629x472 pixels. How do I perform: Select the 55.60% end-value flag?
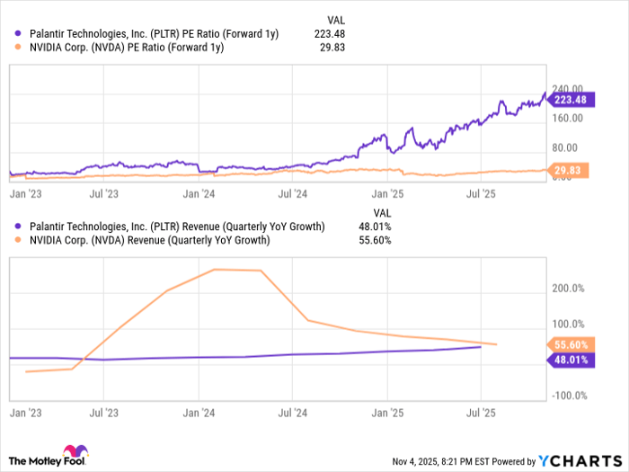568,344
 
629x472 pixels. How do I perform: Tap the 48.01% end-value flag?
568,360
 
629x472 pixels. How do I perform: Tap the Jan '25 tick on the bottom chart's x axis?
387,413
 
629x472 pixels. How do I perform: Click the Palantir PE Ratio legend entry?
152,34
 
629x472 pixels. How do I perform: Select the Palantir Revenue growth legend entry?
176,226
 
